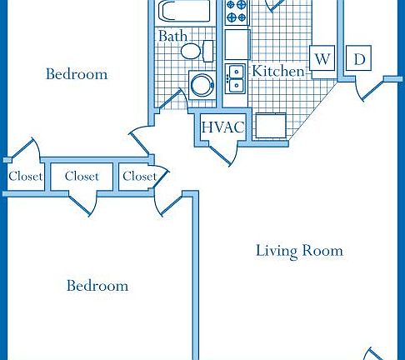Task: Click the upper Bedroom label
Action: point(77,74)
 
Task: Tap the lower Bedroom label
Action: point(97,286)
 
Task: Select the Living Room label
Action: point(299,250)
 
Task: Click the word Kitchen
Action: point(278,71)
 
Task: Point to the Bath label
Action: point(172,37)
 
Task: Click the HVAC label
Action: point(223,127)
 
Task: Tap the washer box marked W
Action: point(322,59)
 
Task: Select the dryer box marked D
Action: point(360,59)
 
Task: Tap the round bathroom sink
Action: point(202,84)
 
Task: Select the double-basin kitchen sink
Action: point(237,77)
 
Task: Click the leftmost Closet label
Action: point(25,177)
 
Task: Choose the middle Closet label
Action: point(82,177)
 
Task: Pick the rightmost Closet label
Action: point(139,177)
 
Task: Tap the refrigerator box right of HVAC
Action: point(271,126)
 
